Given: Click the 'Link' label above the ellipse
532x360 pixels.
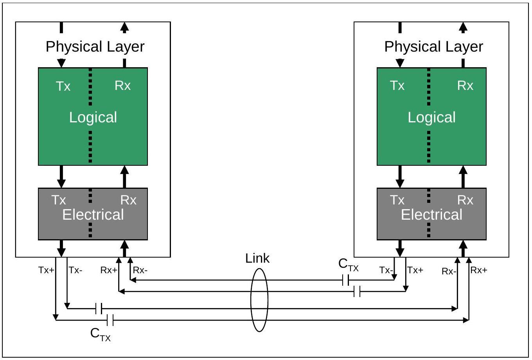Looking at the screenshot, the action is (x=257, y=258).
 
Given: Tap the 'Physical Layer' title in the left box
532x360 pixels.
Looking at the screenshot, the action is (x=95, y=47).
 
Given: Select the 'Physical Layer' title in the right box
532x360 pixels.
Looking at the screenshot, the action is (x=434, y=47).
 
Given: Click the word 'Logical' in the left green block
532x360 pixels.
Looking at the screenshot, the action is (x=93, y=117).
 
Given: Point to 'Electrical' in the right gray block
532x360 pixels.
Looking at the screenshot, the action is (x=431, y=215).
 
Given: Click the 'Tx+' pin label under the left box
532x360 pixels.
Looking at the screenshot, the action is (x=46, y=270).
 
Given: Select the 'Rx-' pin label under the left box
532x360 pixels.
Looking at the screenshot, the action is (x=140, y=270).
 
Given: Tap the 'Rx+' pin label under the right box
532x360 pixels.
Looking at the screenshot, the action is (x=479, y=270).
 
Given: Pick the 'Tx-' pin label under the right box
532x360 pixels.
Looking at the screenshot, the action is (x=386, y=270).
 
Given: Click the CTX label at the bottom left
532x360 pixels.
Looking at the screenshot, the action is (x=101, y=334).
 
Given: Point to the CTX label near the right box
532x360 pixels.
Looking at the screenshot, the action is (x=349, y=265).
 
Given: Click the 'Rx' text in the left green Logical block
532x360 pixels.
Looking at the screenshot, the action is (x=122, y=86).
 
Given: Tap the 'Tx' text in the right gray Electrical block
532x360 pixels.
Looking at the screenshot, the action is (x=397, y=200).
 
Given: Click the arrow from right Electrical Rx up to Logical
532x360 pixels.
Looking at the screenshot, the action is (x=463, y=177).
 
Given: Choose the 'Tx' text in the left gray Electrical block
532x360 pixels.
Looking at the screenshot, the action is (x=58, y=200).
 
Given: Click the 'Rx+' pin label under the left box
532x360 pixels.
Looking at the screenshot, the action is (x=109, y=270).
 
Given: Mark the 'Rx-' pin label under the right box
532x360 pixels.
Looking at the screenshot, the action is (x=449, y=271).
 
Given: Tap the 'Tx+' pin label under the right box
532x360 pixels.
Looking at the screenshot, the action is (x=415, y=270).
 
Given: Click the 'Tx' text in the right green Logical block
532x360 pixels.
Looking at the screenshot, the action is (x=397, y=86).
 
